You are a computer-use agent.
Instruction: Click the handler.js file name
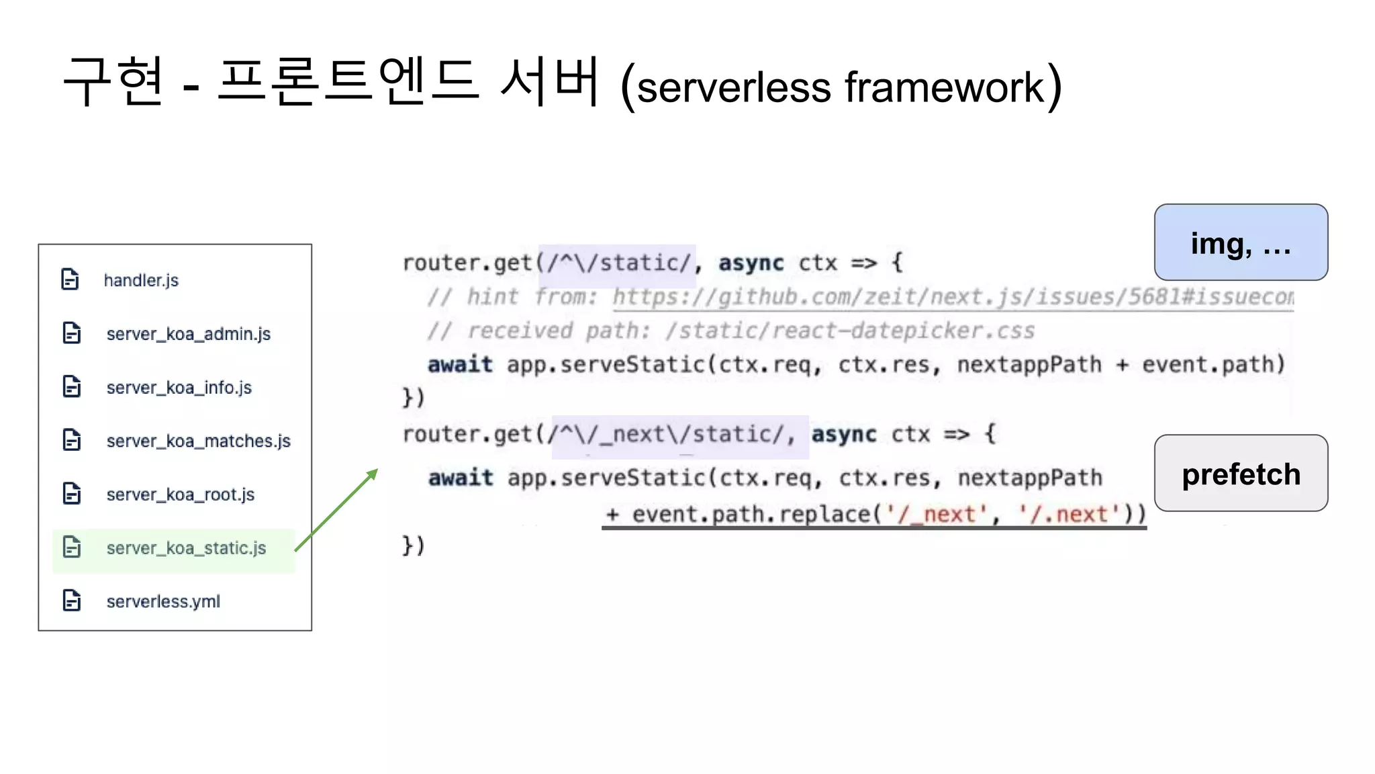point(141,280)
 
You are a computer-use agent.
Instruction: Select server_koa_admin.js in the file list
point(188,334)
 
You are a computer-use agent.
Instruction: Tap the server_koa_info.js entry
point(179,388)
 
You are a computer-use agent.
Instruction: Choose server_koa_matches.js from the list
point(198,441)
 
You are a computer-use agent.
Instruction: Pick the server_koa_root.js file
point(180,494)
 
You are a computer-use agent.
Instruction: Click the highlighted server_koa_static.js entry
point(186,548)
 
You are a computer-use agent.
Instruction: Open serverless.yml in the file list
point(163,601)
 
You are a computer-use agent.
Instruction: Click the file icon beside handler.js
point(70,279)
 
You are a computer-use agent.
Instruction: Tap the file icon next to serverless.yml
point(72,601)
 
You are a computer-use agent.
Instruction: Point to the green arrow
point(336,510)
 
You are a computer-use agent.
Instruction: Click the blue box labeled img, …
point(1241,243)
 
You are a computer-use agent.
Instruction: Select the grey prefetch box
point(1241,474)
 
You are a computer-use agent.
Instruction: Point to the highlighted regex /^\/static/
point(618,263)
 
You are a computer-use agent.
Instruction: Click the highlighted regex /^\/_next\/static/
point(679,435)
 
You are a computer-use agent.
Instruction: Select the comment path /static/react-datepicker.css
point(850,331)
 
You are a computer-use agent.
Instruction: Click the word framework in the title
point(944,87)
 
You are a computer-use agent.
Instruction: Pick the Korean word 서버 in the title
point(549,83)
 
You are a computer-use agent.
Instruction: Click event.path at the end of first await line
point(1213,365)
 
